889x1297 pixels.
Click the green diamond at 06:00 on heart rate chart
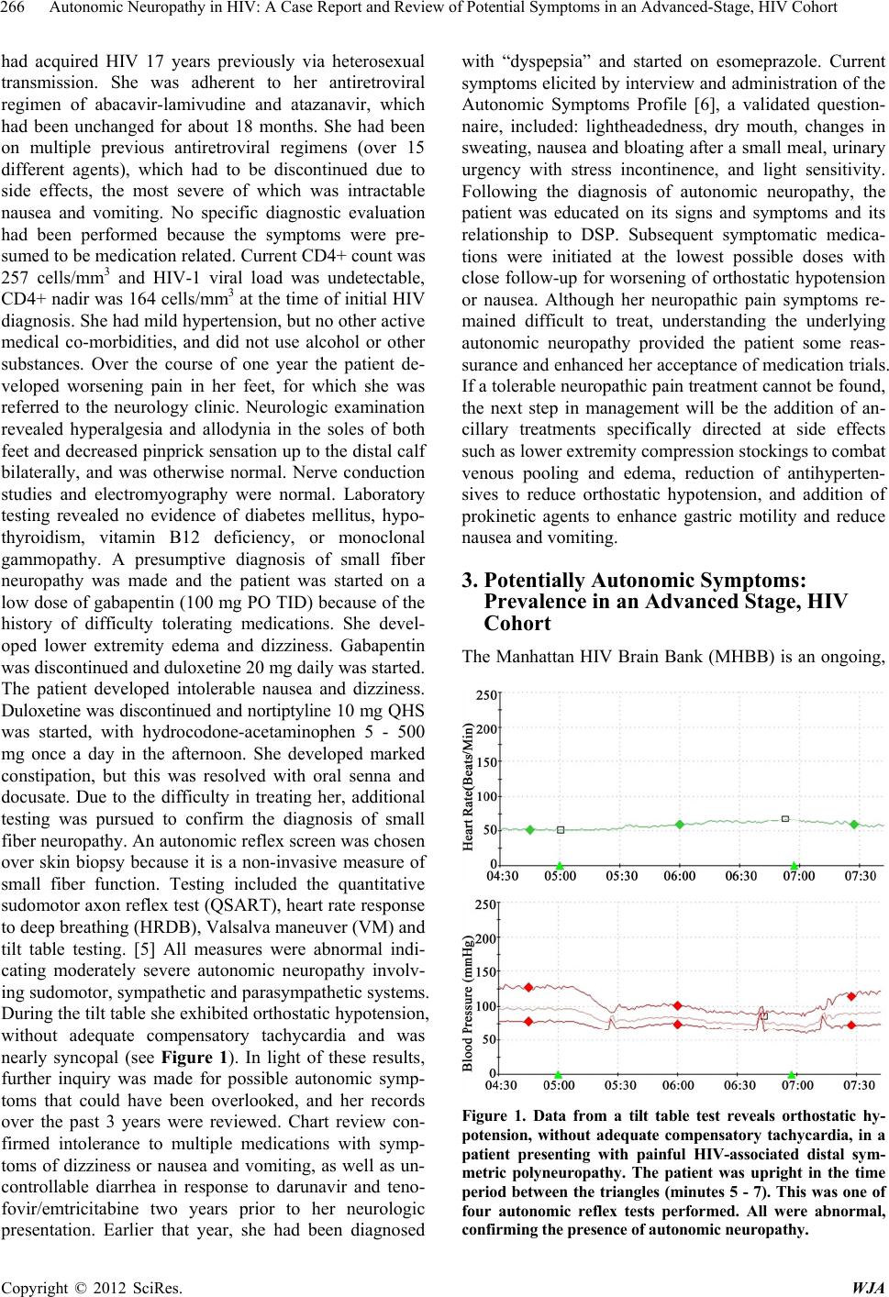(680, 825)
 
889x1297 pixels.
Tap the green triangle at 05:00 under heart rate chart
(560, 866)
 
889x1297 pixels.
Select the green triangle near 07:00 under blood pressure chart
(792, 1075)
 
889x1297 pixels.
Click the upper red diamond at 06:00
(678, 1006)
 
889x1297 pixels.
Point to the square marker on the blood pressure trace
(763, 1015)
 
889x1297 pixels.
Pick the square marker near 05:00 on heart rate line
(561, 830)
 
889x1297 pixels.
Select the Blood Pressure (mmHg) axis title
(468, 1002)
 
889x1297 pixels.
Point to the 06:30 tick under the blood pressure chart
(739, 1085)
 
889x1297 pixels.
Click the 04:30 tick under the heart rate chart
(502, 876)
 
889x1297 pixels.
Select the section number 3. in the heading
(470, 581)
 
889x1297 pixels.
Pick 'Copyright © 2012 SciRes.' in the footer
(92, 1287)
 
